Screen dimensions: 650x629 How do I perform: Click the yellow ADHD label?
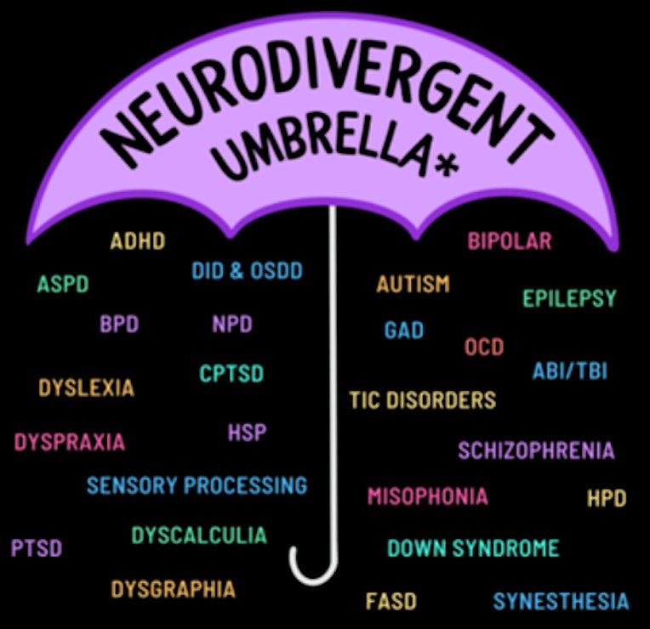point(138,241)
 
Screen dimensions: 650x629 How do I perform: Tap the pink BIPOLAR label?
point(510,241)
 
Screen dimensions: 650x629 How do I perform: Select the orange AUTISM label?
point(413,284)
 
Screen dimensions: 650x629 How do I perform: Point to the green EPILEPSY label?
point(569,298)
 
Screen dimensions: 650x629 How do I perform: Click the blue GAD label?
point(404,330)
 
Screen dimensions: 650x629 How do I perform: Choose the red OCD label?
point(484,347)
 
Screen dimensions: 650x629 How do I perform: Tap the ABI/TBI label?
point(569,371)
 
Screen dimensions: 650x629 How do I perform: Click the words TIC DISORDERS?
point(423,400)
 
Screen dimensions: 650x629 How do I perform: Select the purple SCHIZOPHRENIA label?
point(536,450)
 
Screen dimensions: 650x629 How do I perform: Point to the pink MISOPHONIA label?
point(427,496)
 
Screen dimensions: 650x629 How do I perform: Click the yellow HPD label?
point(607,498)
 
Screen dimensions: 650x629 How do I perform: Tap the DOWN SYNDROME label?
point(473,548)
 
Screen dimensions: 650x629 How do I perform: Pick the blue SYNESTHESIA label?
point(561,601)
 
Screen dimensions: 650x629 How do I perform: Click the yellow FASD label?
point(391,601)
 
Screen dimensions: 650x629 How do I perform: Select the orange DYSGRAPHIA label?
point(174,589)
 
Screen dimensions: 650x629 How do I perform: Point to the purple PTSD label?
point(37,548)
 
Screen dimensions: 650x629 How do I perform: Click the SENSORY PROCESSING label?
point(197,485)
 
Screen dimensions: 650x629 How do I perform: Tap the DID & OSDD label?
point(247,271)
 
